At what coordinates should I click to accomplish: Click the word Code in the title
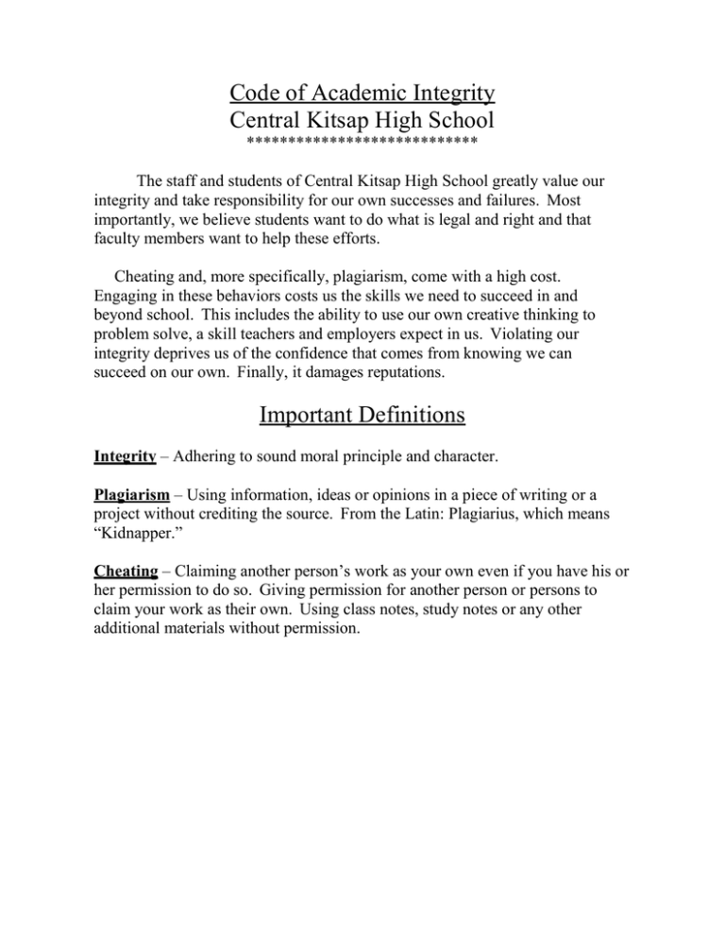pyautogui.click(x=255, y=94)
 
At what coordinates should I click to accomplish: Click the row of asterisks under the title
pyautogui.click(x=362, y=145)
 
